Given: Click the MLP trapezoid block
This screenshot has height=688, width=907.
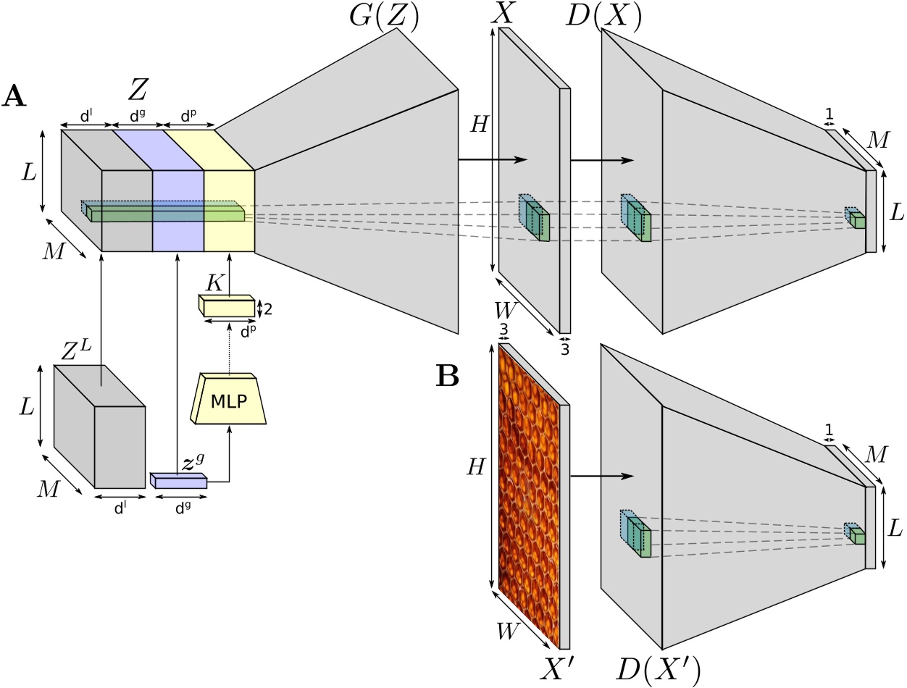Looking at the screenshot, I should pos(229,401).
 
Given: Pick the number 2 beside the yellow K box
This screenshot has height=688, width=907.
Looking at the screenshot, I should pos(269,309).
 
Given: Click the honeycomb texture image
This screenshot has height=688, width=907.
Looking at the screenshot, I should pos(528,496).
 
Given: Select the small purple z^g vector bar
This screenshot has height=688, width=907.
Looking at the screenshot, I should pos(179,480).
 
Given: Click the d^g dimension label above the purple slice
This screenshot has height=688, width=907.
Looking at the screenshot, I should pos(136,115).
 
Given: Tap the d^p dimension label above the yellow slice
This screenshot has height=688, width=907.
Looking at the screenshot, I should pos(188,115).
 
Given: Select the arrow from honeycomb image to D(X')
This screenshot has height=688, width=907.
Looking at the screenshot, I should pos(601,476).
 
